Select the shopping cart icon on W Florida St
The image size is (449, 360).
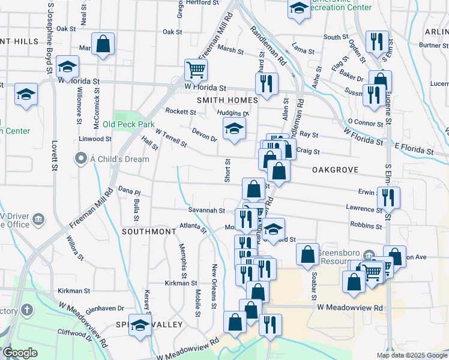pos(196,71)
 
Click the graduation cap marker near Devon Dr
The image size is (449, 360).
pos(235,128)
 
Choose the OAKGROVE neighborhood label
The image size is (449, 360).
pos(335,170)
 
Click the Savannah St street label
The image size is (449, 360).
pos(205,211)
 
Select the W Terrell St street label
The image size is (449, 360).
pos(171,138)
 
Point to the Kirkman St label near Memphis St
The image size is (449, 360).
pos(181,282)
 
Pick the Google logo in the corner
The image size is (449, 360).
pos(20,353)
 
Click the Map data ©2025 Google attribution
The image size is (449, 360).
pos(412,355)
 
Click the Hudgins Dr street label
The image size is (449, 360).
pos(234,112)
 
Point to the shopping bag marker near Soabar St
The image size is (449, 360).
pos(307,254)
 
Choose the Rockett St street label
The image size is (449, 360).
pos(181,112)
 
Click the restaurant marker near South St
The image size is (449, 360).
pos(377,41)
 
